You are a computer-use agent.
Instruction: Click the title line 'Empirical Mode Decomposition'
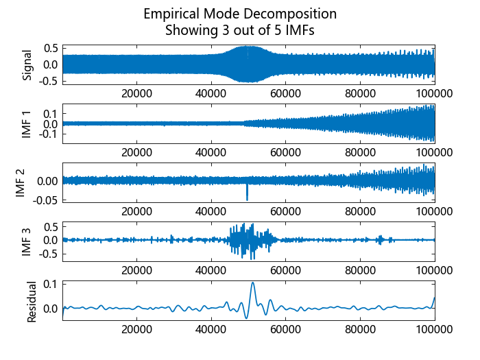point(240,14)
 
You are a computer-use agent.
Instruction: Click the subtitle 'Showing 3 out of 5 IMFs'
point(240,30)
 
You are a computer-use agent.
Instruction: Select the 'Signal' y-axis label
point(27,64)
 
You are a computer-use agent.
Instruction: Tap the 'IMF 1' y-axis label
point(27,124)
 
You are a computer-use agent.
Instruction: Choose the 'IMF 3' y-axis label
point(27,241)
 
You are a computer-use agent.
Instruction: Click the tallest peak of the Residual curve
point(253,283)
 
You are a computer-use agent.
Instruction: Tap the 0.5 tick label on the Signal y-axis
point(50,48)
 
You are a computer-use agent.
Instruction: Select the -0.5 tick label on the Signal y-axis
point(48,80)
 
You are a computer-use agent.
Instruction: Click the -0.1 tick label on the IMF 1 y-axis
point(48,136)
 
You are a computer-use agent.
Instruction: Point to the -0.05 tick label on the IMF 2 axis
point(44,200)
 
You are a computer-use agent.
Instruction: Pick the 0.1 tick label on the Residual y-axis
point(50,283)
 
